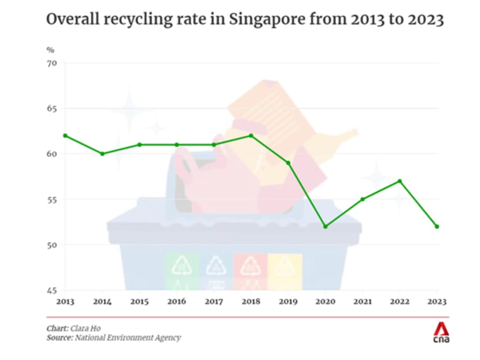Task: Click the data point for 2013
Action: pyautogui.click(x=65, y=135)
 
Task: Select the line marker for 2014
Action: pyautogui.click(x=102, y=154)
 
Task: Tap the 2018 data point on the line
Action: pyautogui.click(x=251, y=135)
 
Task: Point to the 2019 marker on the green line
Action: pyautogui.click(x=288, y=163)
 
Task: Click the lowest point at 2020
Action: pyautogui.click(x=326, y=226)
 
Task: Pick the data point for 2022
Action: pyautogui.click(x=400, y=181)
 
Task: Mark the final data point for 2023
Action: pyautogui.click(x=437, y=226)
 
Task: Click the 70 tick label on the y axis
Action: pyautogui.click(x=51, y=63)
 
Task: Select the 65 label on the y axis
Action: pyautogui.click(x=51, y=108)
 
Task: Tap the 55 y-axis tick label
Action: pyautogui.click(x=51, y=199)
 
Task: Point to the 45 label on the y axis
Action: pyautogui.click(x=51, y=290)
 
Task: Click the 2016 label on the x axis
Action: pyautogui.click(x=177, y=302)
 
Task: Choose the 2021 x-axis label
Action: pyautogui.click(x=363, y=302)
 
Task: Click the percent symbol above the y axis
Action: pyautogui.click(x=50, y=50)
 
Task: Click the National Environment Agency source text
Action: pyautogui.click(x=128, y=337)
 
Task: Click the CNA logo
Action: pyautogui.click(x=441, y=332)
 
